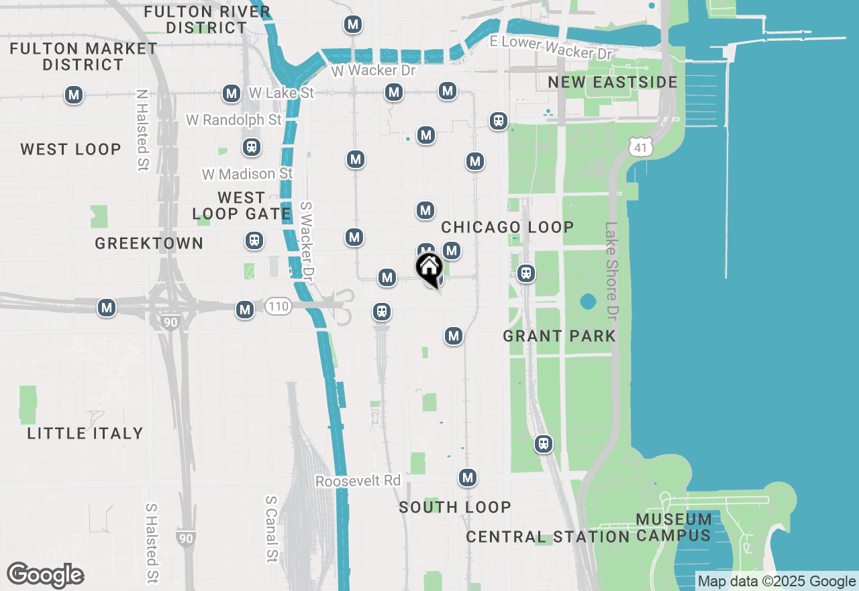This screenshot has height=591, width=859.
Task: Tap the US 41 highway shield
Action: click(642, 146)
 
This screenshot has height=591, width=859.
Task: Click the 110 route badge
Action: click(278, 307)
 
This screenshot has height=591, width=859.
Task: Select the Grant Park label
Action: click(559, 336)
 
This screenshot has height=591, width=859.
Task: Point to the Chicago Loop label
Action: click(507, 227)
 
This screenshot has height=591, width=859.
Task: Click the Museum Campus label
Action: click(674, 527)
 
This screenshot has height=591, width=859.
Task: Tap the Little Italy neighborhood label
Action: click(85, 433)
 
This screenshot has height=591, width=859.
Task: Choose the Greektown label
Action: click(149, 243)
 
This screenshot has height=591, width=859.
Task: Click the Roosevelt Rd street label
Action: click(358, 481)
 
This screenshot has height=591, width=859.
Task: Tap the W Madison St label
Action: click(248, 174)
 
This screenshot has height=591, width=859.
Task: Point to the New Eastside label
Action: click(613, 82)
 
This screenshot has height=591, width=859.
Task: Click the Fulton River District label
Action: click(207, 19)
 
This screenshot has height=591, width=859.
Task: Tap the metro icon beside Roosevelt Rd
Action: click(468, 478)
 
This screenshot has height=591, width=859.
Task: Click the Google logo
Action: click(46, 575)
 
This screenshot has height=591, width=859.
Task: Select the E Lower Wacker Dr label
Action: click(551, 47)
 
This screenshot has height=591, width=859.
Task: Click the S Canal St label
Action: click(271, 529)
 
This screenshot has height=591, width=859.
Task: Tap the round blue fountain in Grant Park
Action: click(588, 301)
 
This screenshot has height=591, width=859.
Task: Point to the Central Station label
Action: click(548, 537)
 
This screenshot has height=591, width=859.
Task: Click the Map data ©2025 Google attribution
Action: click(776, 582)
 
